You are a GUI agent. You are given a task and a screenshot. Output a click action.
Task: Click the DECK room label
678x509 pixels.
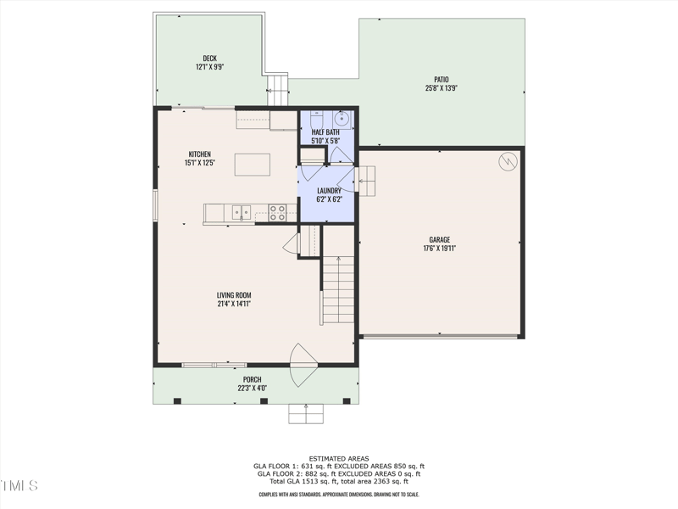pyautogui.click(x=209, y=59)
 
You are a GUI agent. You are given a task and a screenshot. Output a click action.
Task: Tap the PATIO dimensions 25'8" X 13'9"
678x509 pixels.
pyautogui.click(x=442, y=88)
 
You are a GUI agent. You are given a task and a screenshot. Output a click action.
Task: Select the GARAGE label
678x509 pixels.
pyautogui.click(x=440, y=240)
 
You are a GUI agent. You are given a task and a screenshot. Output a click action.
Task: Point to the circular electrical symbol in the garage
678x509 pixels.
pyautogui.click(x=508, y=161)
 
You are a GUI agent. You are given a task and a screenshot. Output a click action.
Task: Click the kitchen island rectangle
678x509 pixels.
pyautogui.click(x=253, y=165)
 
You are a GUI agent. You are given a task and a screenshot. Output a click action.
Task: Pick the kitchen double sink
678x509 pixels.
pyautogui.click(x=242, y=213)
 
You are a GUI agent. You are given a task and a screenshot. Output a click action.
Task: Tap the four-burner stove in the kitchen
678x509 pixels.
pyautogui.click(x=277, y=213)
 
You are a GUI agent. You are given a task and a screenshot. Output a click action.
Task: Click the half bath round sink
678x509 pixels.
pyautogui.click(x=342, y=118)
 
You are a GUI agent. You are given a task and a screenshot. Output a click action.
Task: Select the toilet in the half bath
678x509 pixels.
pyautogui.click(x=316, y=119)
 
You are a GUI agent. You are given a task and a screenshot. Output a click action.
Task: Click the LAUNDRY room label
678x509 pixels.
pyautogui.click(x=329, y=191)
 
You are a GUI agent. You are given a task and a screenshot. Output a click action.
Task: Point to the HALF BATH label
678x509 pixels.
pyautogui.click(x=325, y=132)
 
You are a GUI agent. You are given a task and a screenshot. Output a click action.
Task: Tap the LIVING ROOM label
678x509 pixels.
pyautogui.click(x=234, y=295)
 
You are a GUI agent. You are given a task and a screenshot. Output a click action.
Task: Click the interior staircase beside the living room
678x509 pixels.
pyautogui.click(x=338, y=289)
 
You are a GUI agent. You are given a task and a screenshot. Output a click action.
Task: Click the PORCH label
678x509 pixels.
pyautogui.click(x=252, y=379)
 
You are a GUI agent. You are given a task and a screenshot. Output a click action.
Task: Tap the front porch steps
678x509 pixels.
pyautogui.click(x=306, y=414)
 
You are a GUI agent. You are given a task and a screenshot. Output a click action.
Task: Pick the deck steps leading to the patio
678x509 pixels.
pyautogui.click(x=277, y=90)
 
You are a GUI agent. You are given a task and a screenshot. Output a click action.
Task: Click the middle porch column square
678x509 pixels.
pyautogui.click(x=264, y=400)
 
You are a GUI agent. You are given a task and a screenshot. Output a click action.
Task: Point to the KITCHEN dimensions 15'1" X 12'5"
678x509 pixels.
pyautogui.click(x=200, y=163)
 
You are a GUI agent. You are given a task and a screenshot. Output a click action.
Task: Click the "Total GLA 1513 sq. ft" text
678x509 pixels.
pyautogui.click(x=303, y=481)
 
